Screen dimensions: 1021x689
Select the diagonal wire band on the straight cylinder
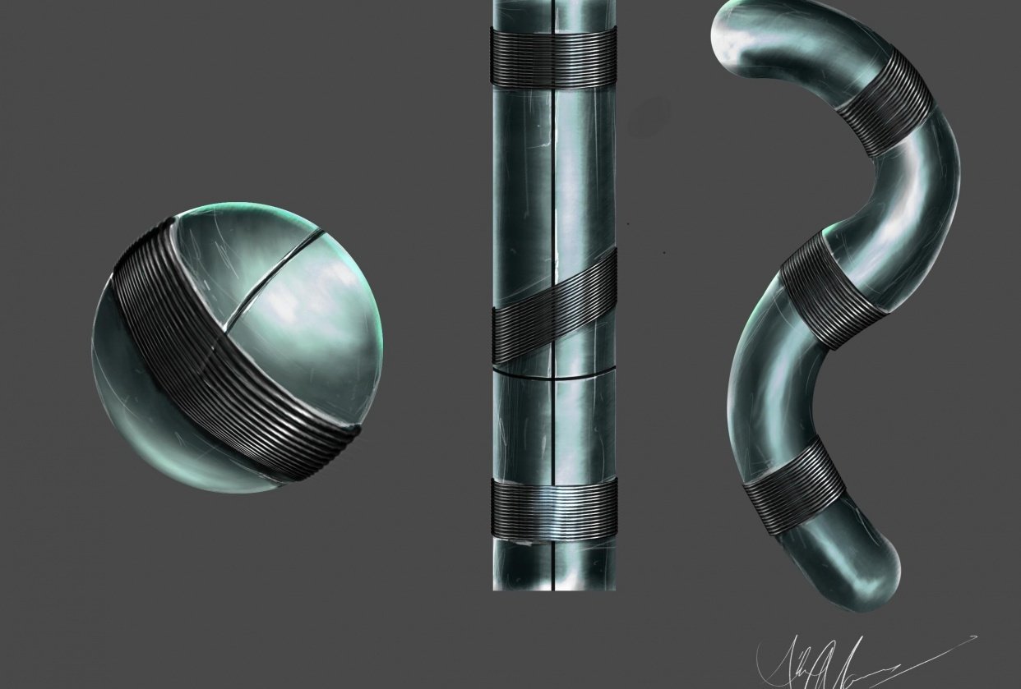554,312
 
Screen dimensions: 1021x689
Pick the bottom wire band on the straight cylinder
554,509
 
